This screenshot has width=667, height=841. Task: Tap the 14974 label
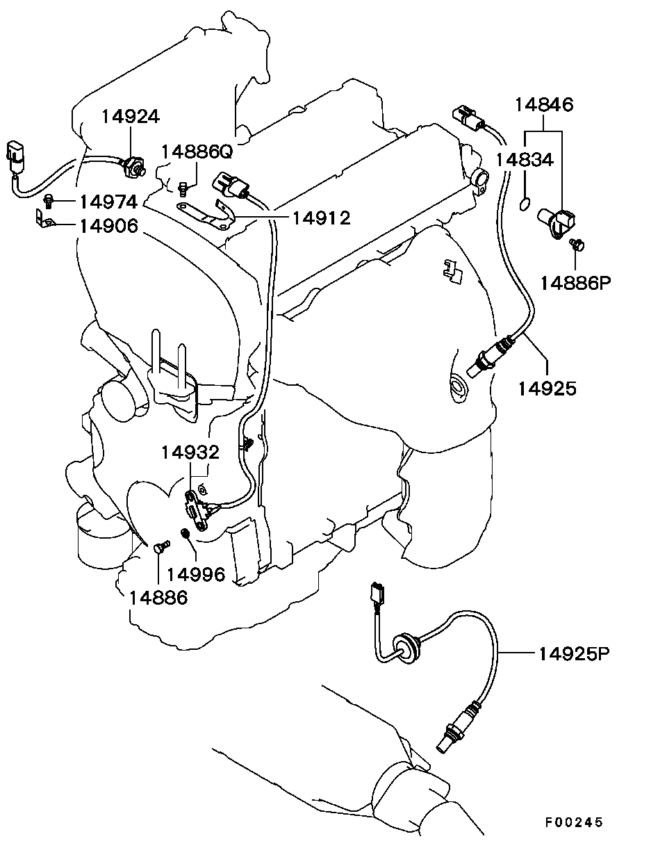(108, 202)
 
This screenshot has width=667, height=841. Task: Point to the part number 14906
(108, 226)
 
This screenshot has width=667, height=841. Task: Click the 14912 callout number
(321, 218)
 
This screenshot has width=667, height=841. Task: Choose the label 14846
(543, 105)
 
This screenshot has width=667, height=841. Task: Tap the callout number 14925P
(574, 654)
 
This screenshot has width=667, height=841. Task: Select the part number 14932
(190, 452)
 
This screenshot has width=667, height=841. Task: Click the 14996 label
(197, 574)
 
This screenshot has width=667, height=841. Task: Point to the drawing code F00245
(573, 822)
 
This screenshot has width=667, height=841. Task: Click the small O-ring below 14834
(525, 204)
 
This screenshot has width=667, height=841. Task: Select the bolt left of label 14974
(49, 202)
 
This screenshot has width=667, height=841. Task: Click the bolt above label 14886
(159, 547)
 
